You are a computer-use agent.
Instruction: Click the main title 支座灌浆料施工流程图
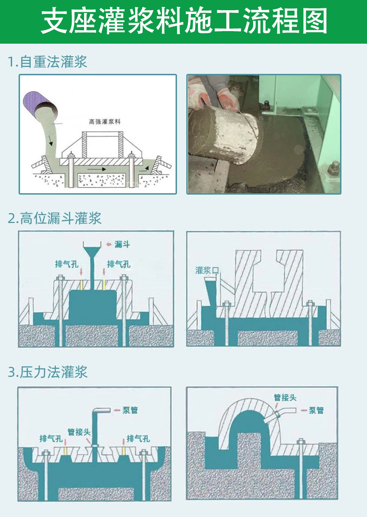coord(184,20)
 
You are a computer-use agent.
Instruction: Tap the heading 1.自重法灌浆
coord(47,62)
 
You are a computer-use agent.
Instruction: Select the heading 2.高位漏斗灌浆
coord(54,218)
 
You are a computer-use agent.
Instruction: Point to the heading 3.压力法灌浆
coord(47,372)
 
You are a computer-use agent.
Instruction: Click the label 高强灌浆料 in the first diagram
coord(105,122)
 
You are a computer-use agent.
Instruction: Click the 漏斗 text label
coord(122,244)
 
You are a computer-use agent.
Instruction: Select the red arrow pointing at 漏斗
coord(109,245)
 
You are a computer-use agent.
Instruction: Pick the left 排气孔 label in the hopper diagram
coord(66,264)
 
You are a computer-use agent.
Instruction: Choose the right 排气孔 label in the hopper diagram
coord(118,264)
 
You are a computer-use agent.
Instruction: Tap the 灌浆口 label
coord(207,271)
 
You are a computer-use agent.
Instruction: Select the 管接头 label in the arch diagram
coord(285,397)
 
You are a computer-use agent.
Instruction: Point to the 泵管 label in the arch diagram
coord(316,410)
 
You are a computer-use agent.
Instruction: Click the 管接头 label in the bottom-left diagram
coord(79,432)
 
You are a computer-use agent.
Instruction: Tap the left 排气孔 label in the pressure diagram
coord(51,438)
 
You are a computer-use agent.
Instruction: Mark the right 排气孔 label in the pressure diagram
coord(138,438)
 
